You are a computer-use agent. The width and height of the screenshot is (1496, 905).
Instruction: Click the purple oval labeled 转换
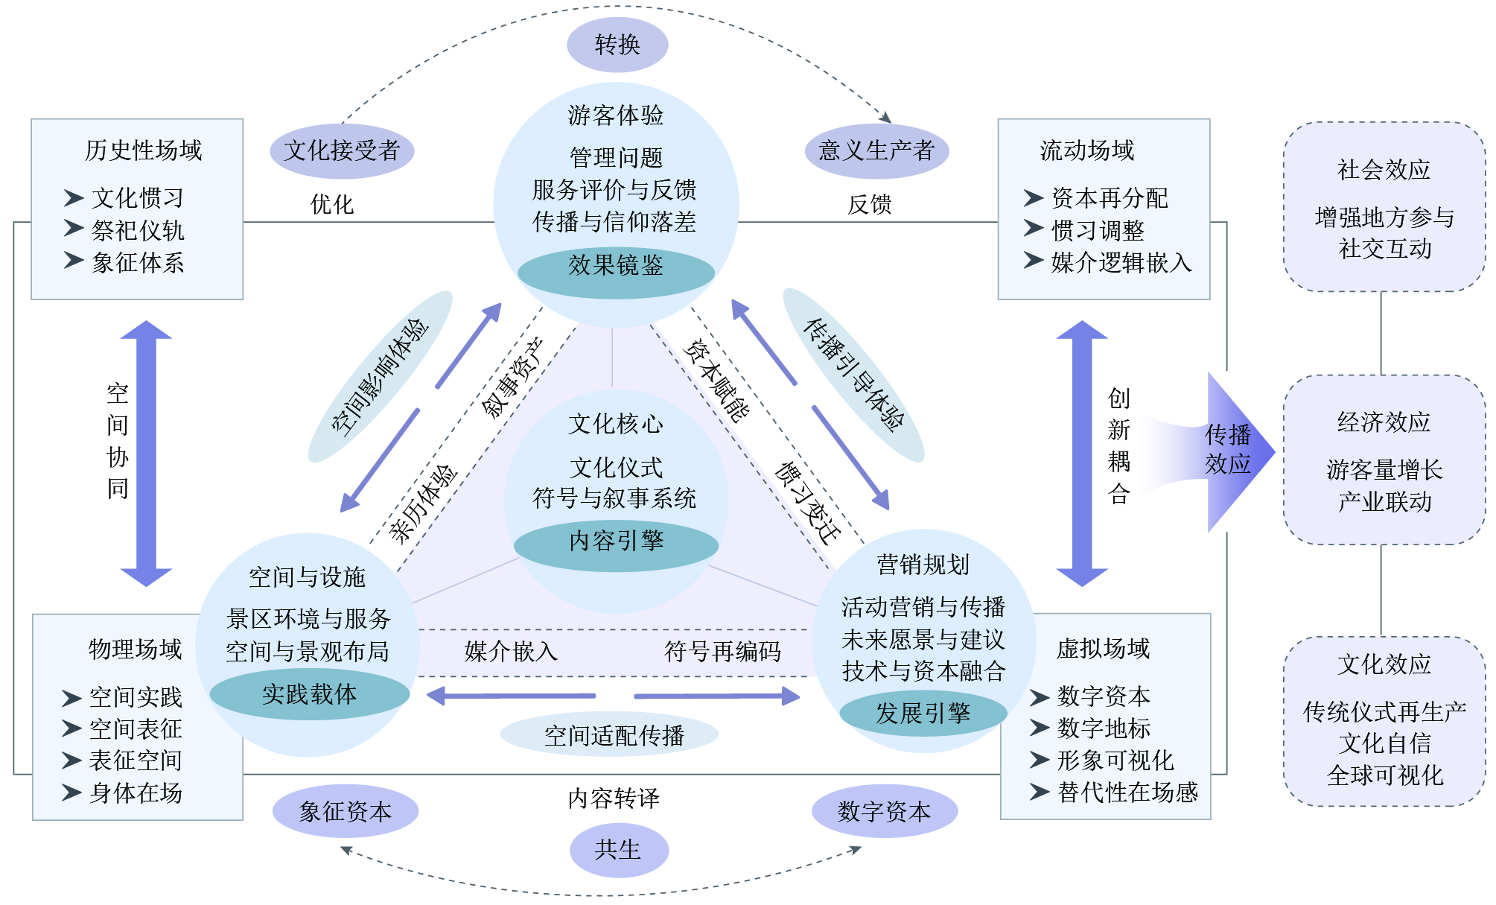[617, 45]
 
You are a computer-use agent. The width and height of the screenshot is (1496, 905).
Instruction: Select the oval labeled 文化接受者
[342, 151]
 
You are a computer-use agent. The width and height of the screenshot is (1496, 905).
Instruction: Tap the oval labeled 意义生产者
[876, 151]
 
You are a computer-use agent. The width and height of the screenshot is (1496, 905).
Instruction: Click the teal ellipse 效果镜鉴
[616, 266]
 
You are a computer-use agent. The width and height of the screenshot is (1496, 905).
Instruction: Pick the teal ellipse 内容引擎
[616, 542]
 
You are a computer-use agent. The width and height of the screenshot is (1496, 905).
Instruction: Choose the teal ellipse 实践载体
[310, 695]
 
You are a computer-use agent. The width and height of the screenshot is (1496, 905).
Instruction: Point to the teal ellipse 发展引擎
[923, 714]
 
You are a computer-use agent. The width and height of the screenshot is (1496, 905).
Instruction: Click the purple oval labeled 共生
[618, 850]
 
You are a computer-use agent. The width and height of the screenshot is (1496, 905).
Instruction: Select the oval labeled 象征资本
[346, 811]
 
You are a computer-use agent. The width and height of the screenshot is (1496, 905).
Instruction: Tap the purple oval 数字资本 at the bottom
[884, 811]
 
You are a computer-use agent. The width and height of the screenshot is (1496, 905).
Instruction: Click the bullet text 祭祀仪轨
[138, 231]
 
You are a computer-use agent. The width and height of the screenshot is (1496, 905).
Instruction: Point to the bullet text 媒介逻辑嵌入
[1121, 263]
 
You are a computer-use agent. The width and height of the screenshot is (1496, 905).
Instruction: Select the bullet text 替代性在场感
[1127, 792]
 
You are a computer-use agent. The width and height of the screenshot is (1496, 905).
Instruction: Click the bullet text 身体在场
[136, 793]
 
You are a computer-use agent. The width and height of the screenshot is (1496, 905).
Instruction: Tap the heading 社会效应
[1384, 171]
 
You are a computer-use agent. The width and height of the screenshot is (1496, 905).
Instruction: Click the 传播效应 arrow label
[1228, 450]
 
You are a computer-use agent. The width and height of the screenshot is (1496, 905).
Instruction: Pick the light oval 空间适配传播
[614, 736]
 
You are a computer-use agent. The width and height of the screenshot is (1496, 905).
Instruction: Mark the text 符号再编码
[722, 652]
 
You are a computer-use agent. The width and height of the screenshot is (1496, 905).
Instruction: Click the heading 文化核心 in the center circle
[616, 425]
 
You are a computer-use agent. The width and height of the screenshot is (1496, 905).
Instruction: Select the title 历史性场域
[143, 150]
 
